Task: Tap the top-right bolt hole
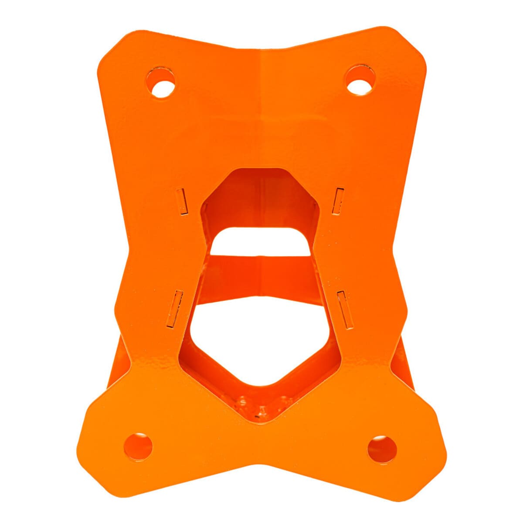(360, 81)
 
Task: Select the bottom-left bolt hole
(138, 446)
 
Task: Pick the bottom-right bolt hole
(382, 449)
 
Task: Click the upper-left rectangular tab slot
(182, 201)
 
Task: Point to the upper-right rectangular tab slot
(338, 201)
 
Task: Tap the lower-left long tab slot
(175, 309)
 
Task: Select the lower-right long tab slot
(345, 309)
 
